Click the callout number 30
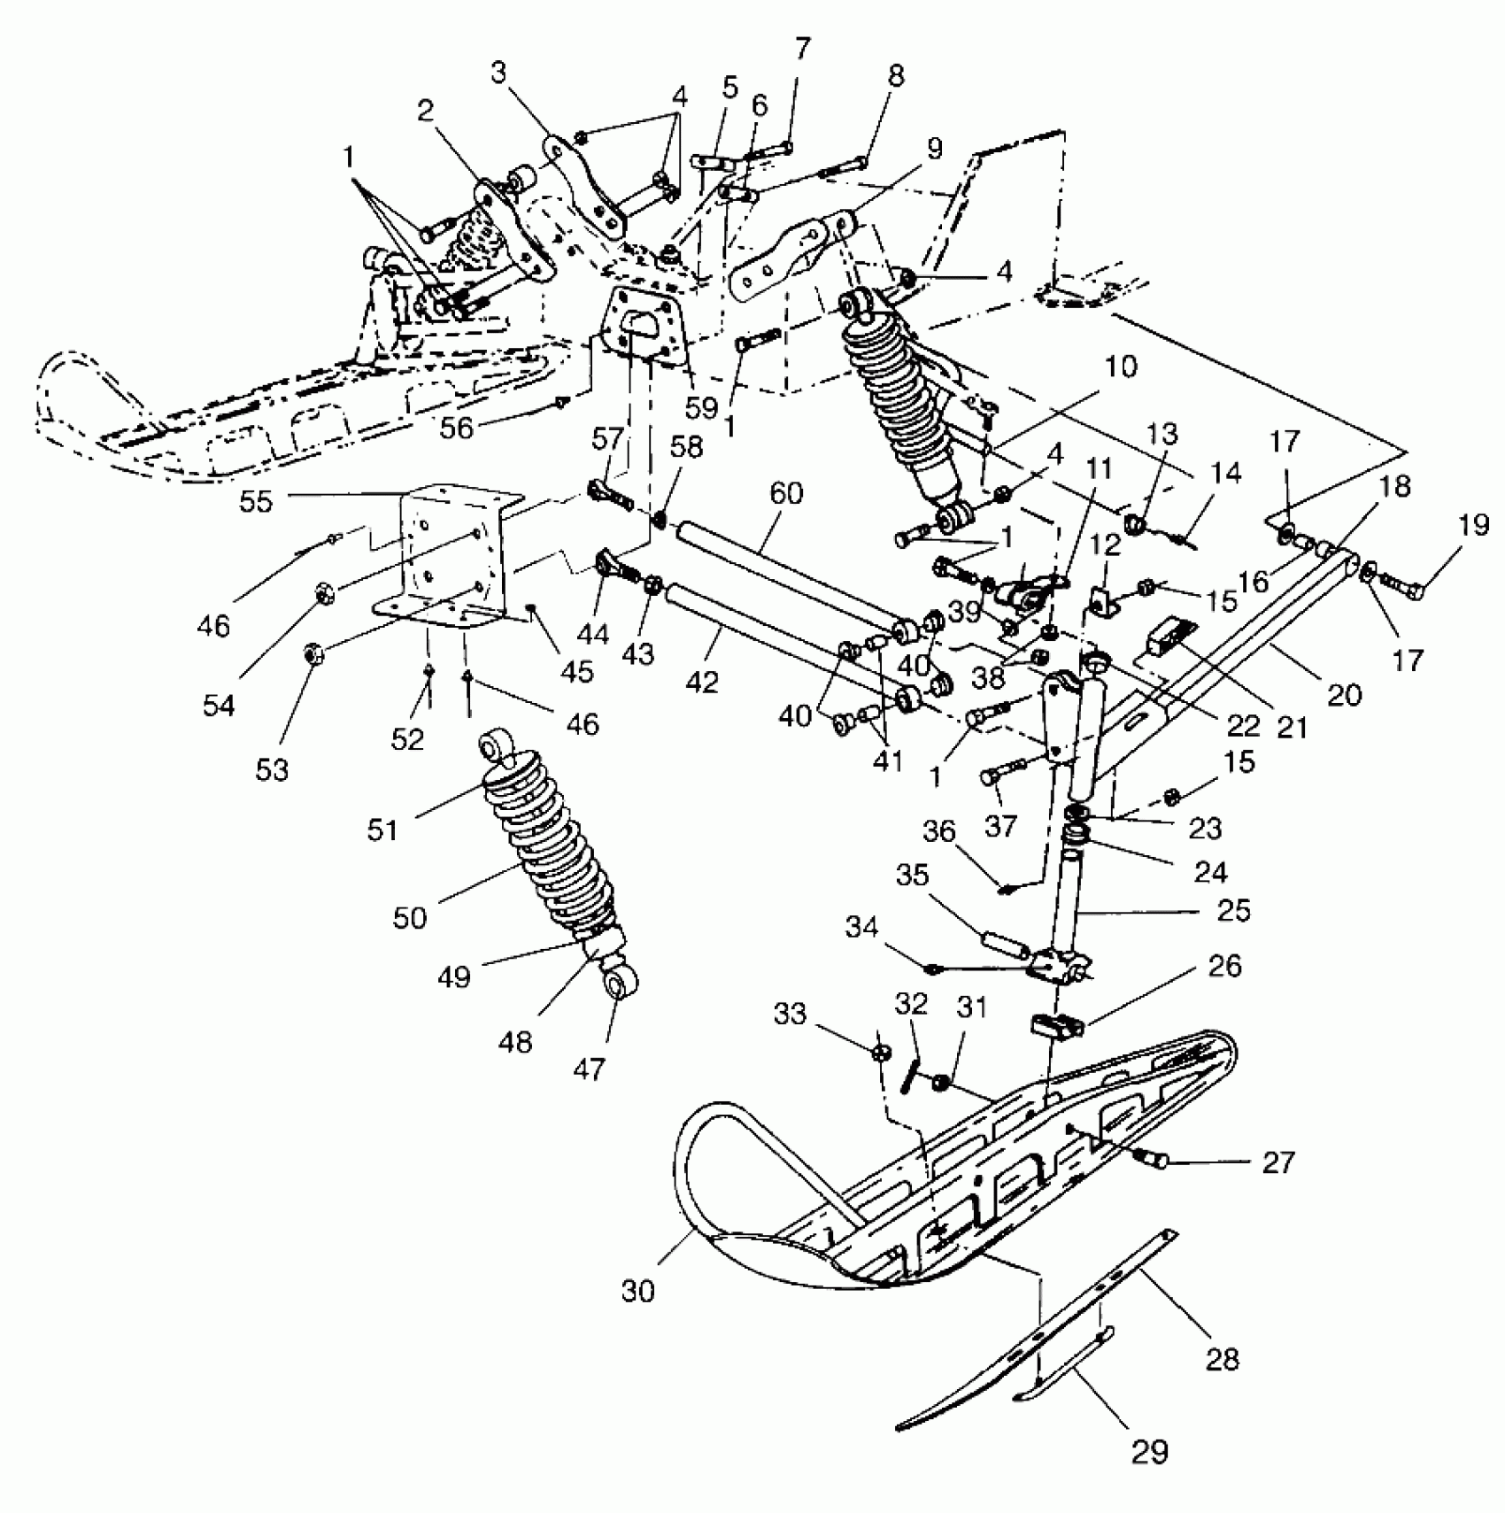tap(637, 1292)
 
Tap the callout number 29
tap(1149, 1451)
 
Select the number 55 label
tap(256, 501)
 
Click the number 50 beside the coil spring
tap(410, 917)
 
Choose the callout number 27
tap(1278, 1162)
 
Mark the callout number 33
tap(790, 1013)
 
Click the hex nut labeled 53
tap(312, 655)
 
